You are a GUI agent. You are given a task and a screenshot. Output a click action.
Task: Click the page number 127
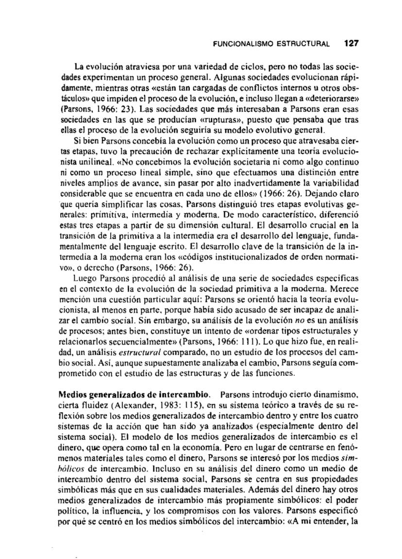point(350,43)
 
